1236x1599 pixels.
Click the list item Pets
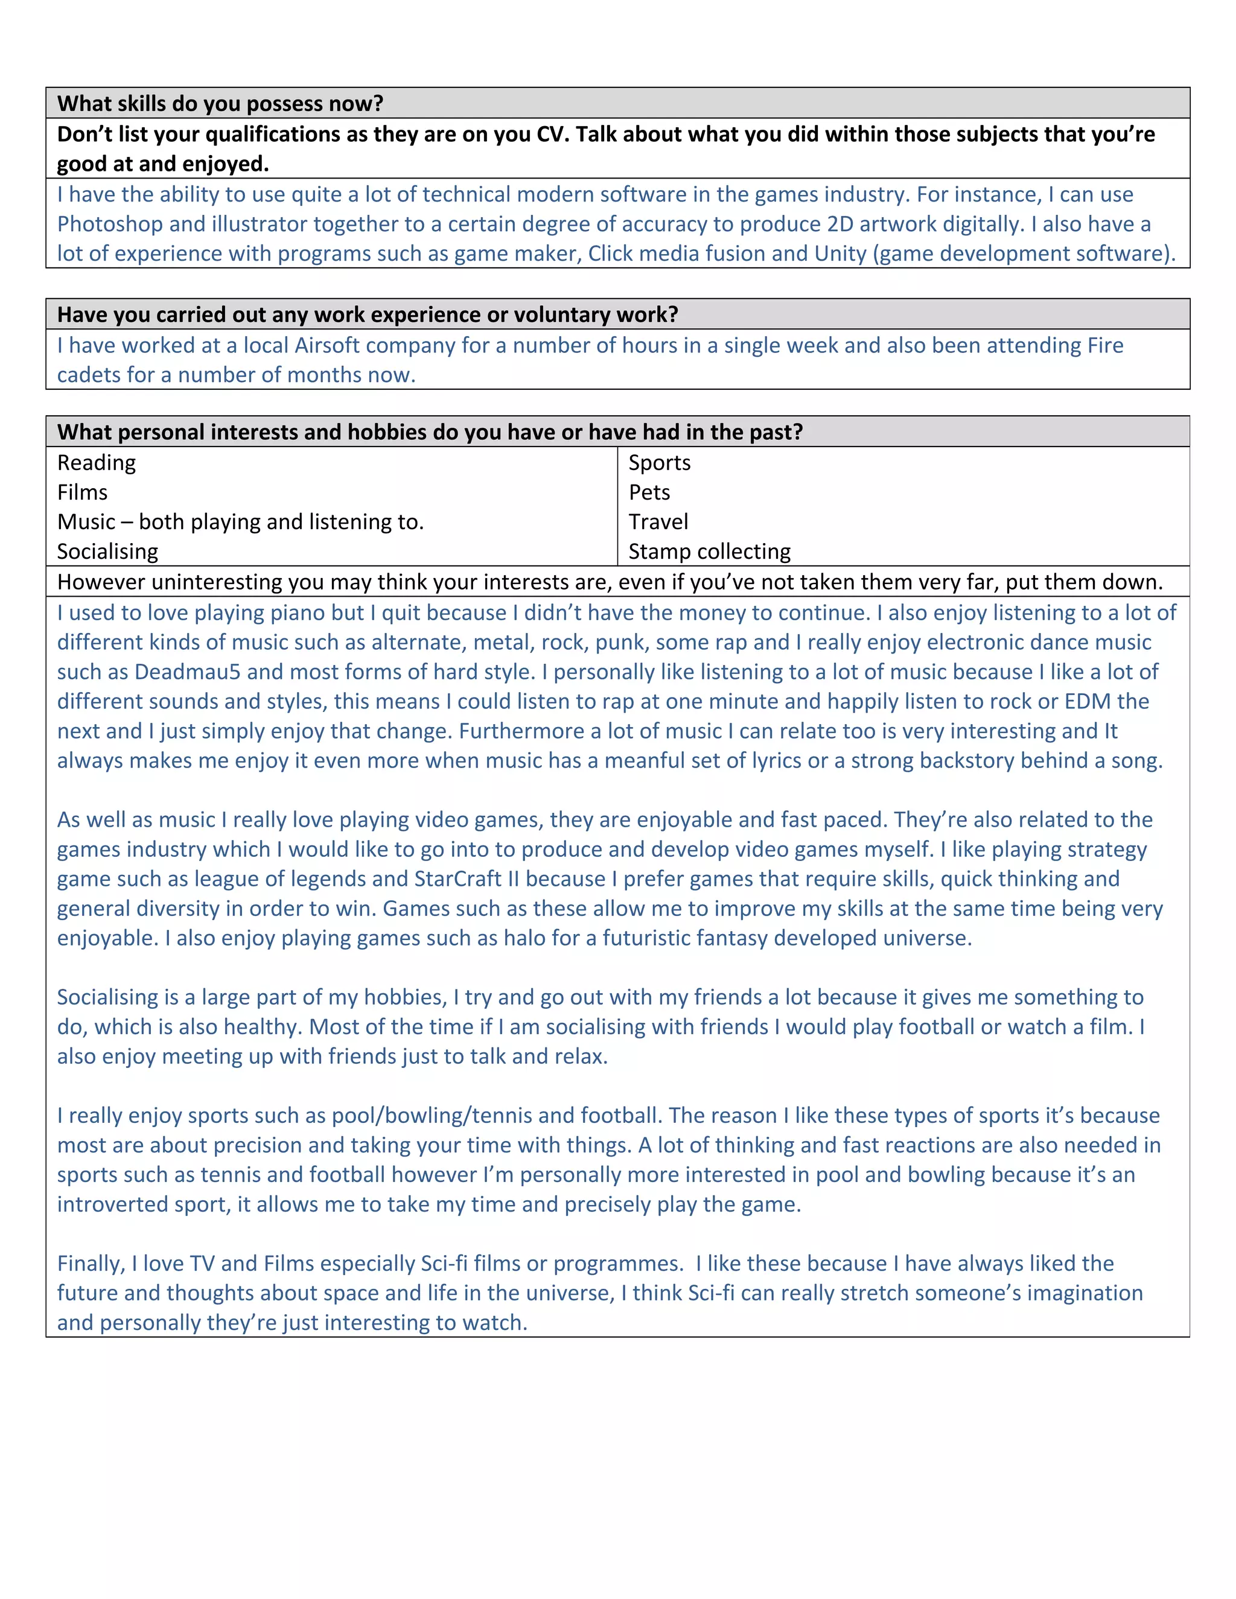[x=649, y=492]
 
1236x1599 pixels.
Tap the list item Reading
[x=97, y=463]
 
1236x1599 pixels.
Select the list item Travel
[x=658, y=522]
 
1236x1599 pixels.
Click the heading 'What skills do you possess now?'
[x=220, y=104]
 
